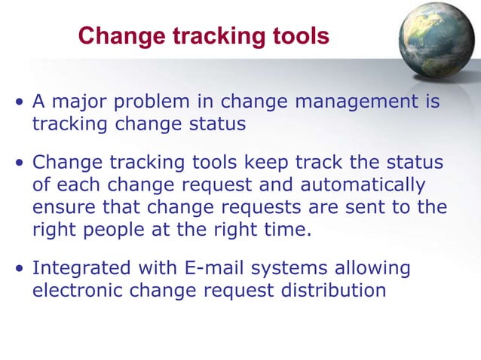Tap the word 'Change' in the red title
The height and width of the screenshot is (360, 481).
(116, 36)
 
